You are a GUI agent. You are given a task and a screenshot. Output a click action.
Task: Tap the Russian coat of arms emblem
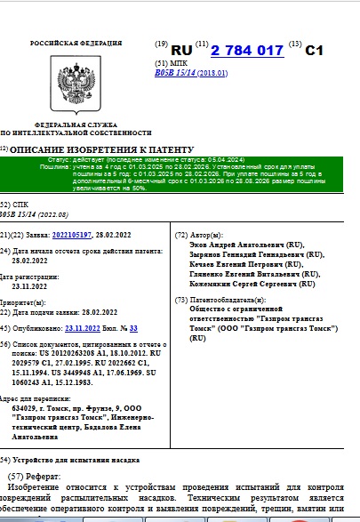point(65,80)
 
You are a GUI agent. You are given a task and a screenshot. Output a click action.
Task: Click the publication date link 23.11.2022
point(84,328)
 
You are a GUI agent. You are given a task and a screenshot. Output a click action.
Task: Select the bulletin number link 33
point(133,328)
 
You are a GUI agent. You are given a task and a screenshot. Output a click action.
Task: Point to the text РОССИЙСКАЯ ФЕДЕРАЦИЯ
point(66,43)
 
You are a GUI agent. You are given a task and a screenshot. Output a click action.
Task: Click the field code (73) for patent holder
point(181,301)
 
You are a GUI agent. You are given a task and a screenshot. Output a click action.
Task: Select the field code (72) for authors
point(181,235)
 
